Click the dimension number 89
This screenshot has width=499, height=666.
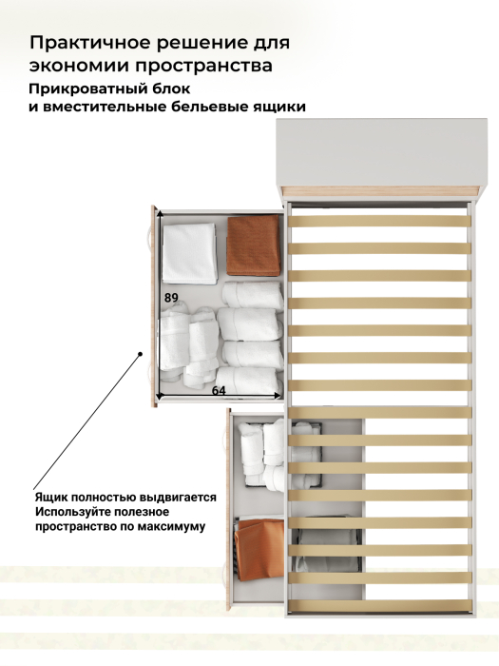click(171, 298)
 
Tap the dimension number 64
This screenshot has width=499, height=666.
click(219, 390)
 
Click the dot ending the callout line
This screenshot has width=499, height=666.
click(141, 353)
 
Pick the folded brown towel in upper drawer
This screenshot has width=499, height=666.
click(254, 245)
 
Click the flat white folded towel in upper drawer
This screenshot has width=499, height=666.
click(190, 254)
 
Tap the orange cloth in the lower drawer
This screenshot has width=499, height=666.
click(259, 549)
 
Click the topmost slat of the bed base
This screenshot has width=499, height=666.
click(380, 221)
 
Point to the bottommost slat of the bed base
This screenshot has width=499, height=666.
click(380, 606)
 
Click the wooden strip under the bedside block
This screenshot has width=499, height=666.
click(381, 191)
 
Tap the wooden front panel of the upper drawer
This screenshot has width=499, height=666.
click(154, 306)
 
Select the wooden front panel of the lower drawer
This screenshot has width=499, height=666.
click(229, 509)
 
